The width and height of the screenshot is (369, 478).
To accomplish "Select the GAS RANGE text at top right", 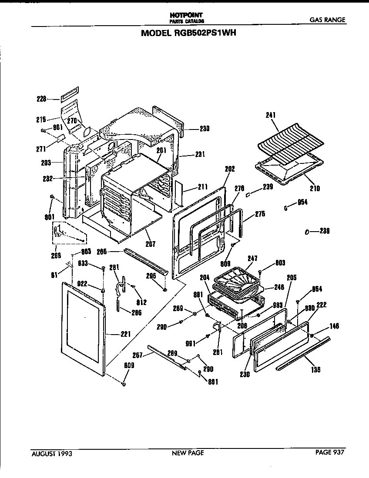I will coord(328,20).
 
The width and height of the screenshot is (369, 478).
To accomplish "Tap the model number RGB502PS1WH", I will coord(188,33).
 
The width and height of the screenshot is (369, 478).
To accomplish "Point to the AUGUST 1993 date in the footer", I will coord(52,453).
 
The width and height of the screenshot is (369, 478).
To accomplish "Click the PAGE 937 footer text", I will coord(330,452).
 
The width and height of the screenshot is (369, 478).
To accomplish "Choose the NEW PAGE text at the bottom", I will coord(188,453).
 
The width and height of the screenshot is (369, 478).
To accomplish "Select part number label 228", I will coord(41,99).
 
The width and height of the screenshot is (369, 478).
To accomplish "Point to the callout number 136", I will coord(315,370).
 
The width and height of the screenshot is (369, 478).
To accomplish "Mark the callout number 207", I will coord(150,244).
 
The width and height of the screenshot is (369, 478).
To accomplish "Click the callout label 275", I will coord(260,214).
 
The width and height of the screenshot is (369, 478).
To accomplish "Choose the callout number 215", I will coord(41,118).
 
